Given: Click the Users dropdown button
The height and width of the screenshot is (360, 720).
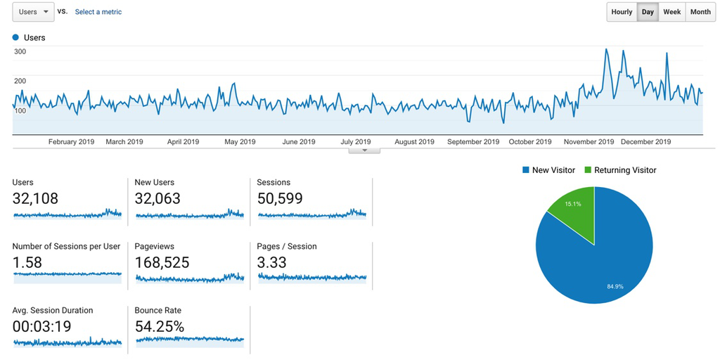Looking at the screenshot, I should click(33, 12).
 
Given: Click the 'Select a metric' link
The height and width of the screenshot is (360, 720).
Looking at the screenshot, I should click(98, 12).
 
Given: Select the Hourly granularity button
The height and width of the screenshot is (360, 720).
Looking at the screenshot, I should click(622, 12).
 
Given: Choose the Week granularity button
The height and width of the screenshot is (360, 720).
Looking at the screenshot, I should click(671, 12).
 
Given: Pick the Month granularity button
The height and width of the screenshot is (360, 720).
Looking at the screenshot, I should click(700, 12).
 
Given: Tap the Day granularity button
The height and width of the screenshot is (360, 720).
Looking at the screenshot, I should click(648, 12).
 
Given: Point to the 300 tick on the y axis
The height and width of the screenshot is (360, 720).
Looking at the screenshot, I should click(20, 51).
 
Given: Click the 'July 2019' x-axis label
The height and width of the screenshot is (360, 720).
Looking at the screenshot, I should click(355, 142).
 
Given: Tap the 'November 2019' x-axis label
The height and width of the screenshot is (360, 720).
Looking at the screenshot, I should click(589, 142).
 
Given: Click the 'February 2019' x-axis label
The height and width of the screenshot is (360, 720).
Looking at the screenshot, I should click(71, 142).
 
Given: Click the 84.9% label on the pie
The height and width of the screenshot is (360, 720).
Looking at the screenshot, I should click(615, 286).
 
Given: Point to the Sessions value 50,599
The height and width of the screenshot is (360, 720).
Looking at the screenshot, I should click(280, 199).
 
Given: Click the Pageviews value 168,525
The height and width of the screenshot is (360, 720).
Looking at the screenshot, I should click(162, 263).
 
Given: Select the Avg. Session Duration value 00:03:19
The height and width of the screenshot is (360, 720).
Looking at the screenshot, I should click(41, 327).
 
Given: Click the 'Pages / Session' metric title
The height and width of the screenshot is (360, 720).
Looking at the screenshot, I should click(287, 247).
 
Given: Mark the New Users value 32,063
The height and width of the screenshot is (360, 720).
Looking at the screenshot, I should click(157, 199).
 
